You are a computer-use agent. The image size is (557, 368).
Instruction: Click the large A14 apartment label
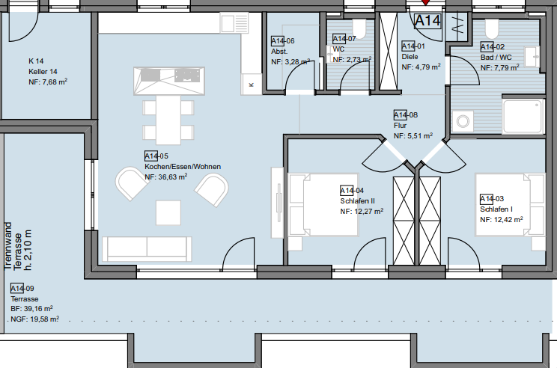click(427, 21)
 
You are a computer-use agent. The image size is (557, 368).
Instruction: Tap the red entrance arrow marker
click(425, 2)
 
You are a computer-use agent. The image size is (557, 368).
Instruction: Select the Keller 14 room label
click(43, 71)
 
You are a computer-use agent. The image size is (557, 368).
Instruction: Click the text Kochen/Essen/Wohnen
click(183, 167)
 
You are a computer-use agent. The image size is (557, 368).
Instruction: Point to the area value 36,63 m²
click(173, 177)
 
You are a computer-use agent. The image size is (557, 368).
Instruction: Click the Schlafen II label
click(357, 201)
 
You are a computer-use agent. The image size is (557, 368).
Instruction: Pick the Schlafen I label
click(496, 209)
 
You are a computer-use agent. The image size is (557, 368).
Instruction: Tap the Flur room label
click(400, 125)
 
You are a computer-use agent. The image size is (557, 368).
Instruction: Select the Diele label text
click(410, 56)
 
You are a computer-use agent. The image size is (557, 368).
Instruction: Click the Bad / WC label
click(496, 57)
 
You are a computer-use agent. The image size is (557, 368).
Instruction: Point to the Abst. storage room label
click(279, 52)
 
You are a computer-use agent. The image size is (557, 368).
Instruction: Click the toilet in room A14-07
click(359, 28)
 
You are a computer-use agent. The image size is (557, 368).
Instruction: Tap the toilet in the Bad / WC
click(492, 28)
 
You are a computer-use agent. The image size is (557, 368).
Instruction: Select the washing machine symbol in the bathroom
click(463, 121)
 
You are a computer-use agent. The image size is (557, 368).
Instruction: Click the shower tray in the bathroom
click(523, 117)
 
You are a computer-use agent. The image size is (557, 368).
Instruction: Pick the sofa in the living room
click(147, 248)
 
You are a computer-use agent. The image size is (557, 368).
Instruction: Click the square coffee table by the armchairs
click(168, 212)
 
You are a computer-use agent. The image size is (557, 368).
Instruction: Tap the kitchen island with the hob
click(169, 81)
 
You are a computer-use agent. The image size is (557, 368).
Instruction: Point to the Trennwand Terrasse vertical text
click(18, 246)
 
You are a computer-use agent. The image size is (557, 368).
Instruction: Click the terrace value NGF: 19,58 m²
click(34, 319)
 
